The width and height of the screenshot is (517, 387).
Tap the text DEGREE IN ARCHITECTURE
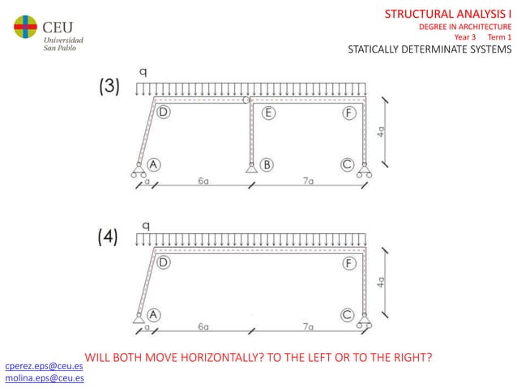464,27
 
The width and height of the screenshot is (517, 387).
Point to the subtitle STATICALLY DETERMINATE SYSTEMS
429,49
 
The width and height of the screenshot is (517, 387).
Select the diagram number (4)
109,237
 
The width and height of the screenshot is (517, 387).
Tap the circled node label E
268,113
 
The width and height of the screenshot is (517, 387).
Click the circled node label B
266,164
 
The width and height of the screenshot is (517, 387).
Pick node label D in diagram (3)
164,113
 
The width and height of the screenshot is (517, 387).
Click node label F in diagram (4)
349,263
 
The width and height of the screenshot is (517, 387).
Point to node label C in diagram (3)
348,164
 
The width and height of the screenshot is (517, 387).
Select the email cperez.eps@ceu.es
44,367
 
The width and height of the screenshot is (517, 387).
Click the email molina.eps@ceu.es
44,378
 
